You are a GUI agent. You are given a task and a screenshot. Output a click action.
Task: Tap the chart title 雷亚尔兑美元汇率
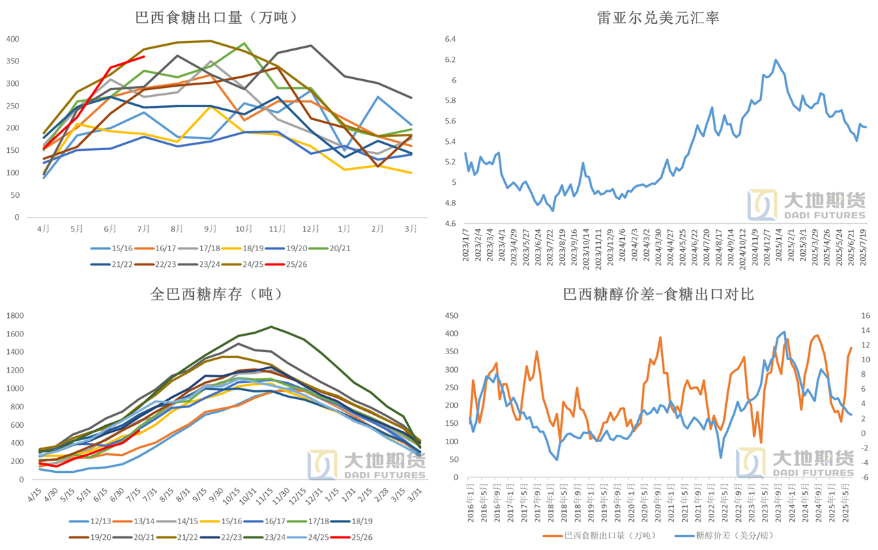tap(658, 17)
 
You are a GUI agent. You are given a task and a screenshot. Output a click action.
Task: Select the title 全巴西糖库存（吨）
tap(216, 294)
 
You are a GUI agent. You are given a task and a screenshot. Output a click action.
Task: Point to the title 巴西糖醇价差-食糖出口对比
tap(658, 294)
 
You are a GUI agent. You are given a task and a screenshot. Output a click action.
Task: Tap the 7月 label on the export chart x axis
tap(143, 229)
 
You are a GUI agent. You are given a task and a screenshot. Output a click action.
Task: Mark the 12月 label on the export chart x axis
tap(310, 229)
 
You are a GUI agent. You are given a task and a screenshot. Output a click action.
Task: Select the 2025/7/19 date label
tap(864, 247)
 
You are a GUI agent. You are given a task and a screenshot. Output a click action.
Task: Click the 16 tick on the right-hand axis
tap(866, 316)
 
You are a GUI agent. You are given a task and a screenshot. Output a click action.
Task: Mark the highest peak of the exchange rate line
tap(776, 60)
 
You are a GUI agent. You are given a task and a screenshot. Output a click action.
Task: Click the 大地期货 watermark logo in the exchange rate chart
tap(806, 205)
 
